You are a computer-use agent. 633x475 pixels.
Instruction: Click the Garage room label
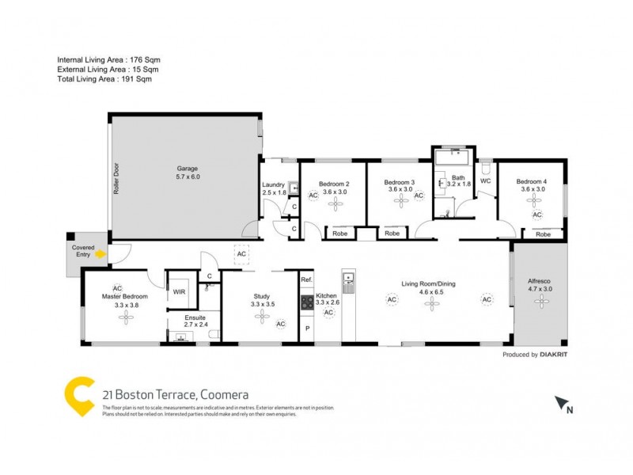point(187,168)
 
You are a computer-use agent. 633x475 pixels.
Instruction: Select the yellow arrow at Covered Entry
point(100,255)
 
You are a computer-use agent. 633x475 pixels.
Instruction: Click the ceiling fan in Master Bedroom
point(124,317)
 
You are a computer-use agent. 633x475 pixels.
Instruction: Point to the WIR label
point(180,291)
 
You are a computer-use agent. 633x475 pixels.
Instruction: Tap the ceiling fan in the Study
point(260,317)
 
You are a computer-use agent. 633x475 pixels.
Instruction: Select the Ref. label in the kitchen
point(307,280)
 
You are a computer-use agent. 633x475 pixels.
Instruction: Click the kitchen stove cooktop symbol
point(305,302)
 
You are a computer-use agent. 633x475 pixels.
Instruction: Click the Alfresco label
point(540,281)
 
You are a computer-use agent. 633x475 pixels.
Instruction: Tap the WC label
point(485,181)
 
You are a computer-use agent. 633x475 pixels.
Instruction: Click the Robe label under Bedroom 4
point(543,234)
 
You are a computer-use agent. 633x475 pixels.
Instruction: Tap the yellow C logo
point(79,393)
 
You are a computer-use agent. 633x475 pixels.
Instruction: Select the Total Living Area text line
point(104,79)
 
